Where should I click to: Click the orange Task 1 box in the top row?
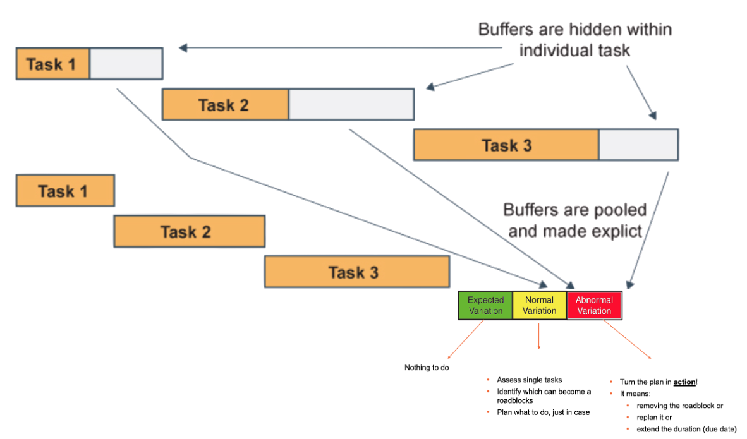tap(53, 64)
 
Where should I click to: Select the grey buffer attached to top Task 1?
tap(126, 64)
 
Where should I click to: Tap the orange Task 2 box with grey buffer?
tap(225, 105)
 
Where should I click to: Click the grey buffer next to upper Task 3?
tap(638, 145)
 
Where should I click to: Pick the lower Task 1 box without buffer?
tap(64, 191)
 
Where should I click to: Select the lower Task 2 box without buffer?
tap(188, 231)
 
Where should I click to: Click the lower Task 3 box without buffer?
tap(356, 272)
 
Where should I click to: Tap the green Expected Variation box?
tap(485, 305)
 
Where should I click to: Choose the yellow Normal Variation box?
tap(540, 305)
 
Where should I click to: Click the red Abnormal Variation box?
tap(594, 305)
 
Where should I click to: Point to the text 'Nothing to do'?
tap(427, 367)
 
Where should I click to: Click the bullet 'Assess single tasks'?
tap(529, 380)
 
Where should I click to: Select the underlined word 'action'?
tap(684, 382)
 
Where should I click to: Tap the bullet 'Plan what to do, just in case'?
tap(543, 412)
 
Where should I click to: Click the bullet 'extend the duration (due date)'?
tap(686, 429)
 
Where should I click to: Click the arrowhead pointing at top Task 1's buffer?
tap(183, 48)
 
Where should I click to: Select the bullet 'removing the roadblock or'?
tap(679, 406)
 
